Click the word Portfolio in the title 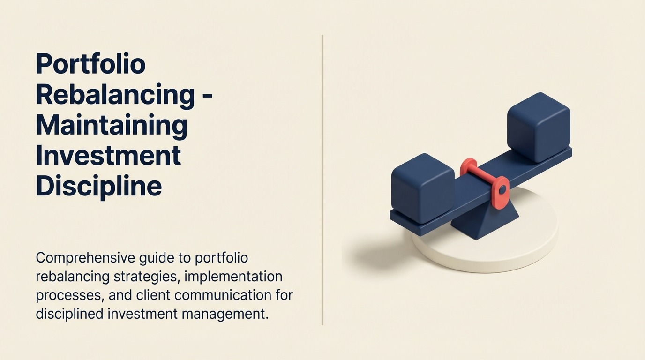click(x=90, y=64)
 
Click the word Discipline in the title click(x=99, y=186)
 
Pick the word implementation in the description click(x=233, y=277)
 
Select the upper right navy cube click(x=539, y=127)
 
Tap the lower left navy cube click(x=422, y=187)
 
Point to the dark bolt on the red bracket click(x=502, y=190)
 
